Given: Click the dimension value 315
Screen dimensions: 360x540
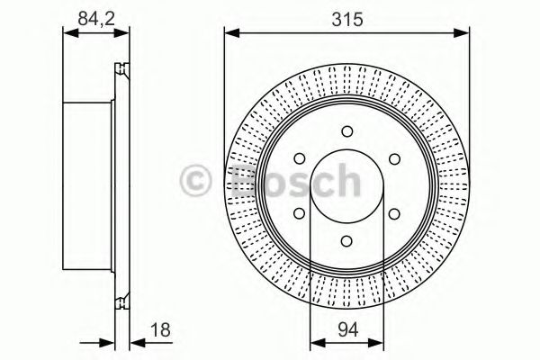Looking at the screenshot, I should (x=346, y=16).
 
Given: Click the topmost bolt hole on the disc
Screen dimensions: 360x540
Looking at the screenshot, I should (x=346, y=132).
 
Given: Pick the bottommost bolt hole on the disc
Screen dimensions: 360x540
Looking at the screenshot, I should (x=346, y=242).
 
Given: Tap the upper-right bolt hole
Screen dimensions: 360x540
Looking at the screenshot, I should (x=394, y=160).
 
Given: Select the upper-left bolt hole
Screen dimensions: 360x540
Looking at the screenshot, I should (x=300, y=160).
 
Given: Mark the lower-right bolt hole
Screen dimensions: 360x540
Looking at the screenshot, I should (x=394, y=214).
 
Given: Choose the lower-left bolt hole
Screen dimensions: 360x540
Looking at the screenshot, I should (x=300, y=214).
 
